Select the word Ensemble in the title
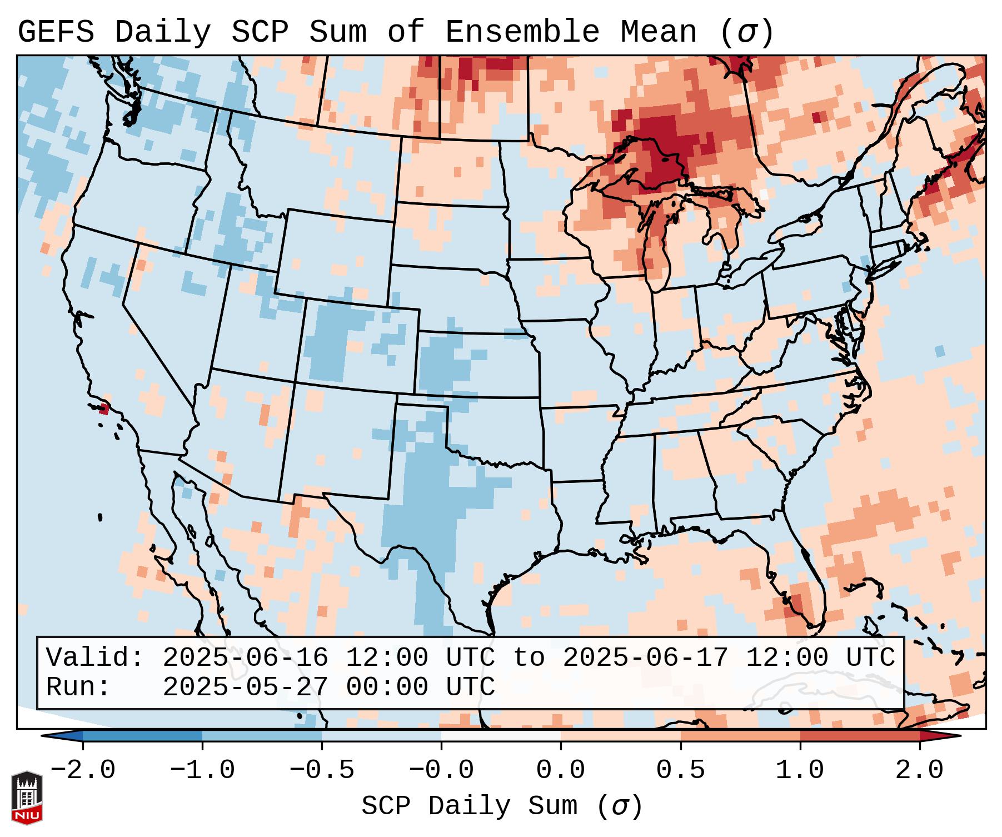click(x=522, y=32)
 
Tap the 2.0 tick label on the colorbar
click(x=919, y=770)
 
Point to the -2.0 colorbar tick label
click(x=83, y=770)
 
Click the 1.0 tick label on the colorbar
click(x=800, y=770)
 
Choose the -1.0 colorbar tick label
click(x=202, y=770)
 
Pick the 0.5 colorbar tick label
click(x=680, y=770)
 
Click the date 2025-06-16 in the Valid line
click(x=245, y=657)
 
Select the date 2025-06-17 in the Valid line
click(x=645, y=657)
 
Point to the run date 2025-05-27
click(x=245, y=687)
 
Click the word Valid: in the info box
click(x=95, y=657)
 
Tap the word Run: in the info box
click(x=78, y=687)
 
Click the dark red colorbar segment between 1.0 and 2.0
click(x=859, y=736)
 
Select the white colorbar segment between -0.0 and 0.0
click(x=501, y=736)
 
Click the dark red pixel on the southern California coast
click(x=103, y=410)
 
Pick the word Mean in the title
click(x=658, y=32)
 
